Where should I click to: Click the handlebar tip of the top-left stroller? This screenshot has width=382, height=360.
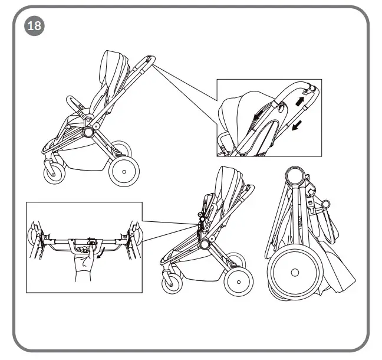point(150,58)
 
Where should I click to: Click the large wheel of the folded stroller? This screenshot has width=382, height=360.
point(293,273)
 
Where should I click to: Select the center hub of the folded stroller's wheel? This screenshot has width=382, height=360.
point(293,273)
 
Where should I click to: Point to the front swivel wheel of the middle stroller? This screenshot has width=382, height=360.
point(172,282)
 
